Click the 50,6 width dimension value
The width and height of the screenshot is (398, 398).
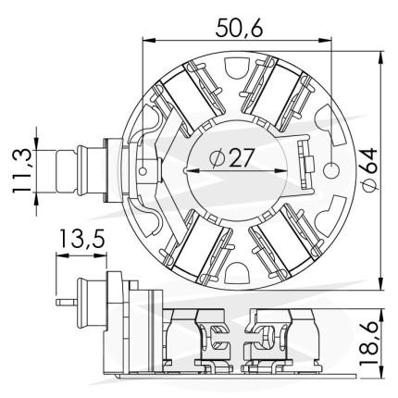(239, 28)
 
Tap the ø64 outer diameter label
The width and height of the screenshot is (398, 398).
(369, 170)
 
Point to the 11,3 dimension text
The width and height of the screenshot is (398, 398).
(22, 170)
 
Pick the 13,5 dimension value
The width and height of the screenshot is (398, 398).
(81, 239)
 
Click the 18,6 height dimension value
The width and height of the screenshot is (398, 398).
(369, 342)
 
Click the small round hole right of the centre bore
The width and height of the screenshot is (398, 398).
(331, 170)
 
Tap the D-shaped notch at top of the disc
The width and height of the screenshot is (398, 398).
(237, 68)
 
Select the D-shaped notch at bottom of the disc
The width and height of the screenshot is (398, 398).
(237, 273)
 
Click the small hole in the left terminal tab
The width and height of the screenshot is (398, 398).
(143, 170)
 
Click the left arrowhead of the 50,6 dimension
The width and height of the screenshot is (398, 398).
(147, 40)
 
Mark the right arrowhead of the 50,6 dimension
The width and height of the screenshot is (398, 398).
(326, 40)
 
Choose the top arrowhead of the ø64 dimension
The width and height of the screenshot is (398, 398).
(381, 56)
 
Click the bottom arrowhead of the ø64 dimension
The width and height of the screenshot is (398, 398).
(381, 283)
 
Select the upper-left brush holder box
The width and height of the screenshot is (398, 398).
(188, 96)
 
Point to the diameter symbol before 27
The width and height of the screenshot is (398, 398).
(217, 158)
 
